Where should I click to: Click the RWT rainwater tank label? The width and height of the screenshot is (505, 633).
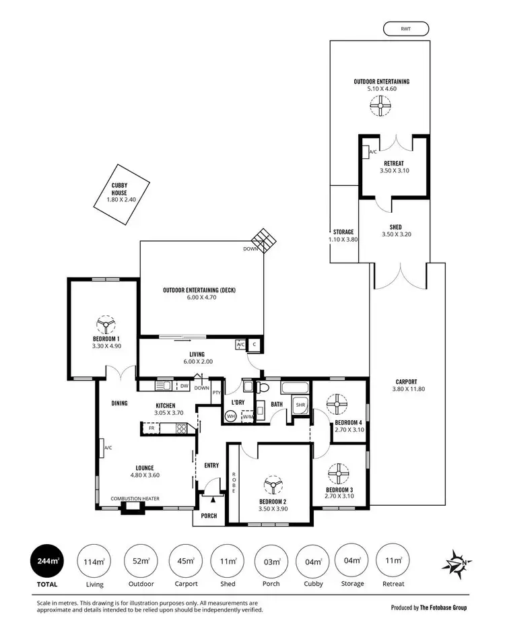click(x=405, y=28)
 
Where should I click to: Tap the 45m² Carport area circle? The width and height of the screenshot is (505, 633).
click(x=185, y=562)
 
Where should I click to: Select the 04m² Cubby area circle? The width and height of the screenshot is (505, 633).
click(x=312, y=562)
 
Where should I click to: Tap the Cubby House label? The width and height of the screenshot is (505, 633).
click(x=120, y=193)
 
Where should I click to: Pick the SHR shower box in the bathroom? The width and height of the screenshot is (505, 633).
click(x=300, y=405)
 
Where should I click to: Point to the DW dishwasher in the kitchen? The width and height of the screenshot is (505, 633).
click(x=184, y=386)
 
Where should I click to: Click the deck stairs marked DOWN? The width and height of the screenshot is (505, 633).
click(x=261, y=240)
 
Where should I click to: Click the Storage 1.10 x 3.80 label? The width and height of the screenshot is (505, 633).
click(x=343, y=235)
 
